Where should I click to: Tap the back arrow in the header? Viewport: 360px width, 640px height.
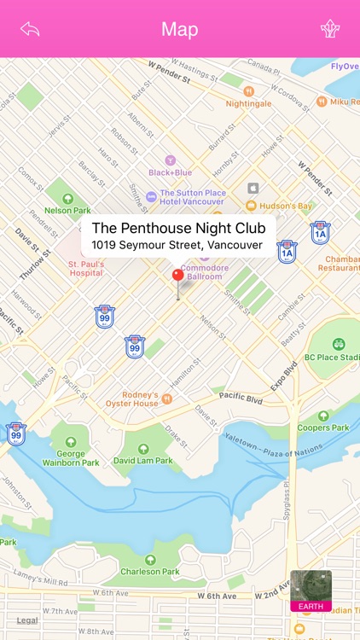coord(31,29)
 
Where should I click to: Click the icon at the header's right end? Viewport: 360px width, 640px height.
coord(330,29)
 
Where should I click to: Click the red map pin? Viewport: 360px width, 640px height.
coord(178,276)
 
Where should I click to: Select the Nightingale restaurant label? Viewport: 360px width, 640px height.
coord(248,103)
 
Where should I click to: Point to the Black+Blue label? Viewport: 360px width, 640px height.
coord(170,172)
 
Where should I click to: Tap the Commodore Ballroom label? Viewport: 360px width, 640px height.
coord(204,271)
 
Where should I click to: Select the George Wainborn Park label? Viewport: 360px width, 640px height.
coord(70,458)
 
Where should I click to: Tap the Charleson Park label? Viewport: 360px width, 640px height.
coord(150,571)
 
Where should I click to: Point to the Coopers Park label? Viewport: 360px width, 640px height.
coord(323,428)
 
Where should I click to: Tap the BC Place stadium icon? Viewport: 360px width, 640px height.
coord(339,344)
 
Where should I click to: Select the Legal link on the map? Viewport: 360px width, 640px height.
coord(27,620)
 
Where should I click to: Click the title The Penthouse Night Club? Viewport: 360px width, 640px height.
coord(178,228)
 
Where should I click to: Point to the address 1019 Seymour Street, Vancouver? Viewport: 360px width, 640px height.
coord(177,246)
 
